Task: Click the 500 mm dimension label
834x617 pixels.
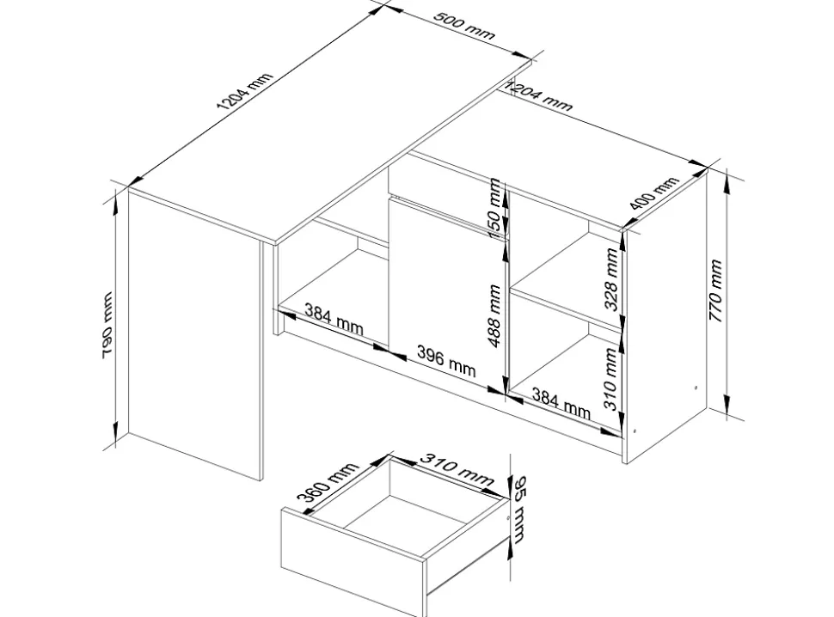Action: (463, 25)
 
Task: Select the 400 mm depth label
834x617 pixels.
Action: (653, 192)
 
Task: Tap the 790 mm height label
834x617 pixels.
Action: (107, 325)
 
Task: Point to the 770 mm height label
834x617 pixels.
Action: (715, 290)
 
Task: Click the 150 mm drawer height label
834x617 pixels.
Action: (494, 208)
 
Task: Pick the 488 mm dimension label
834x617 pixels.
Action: (494, 315)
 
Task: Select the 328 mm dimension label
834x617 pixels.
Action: (610, 279)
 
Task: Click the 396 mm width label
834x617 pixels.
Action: (446, 361)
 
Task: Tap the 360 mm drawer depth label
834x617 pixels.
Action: (327, 482)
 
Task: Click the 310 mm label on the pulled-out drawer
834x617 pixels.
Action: (457, 469)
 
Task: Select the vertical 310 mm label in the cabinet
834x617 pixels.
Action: (610, 379)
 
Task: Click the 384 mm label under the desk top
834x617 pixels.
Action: (334, 319)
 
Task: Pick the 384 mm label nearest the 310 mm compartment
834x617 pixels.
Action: (561, 403)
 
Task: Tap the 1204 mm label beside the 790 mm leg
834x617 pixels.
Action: (244, 91)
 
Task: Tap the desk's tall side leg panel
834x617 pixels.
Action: (195, 335)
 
